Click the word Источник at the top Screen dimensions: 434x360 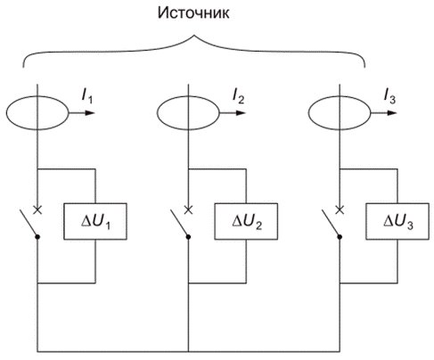(x=193, y=13)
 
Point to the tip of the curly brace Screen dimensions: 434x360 (x=194, y=36)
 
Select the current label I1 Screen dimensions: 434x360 (x=87, y=96)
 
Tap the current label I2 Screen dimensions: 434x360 (x=238, y=96)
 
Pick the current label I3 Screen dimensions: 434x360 (x=389, y=96)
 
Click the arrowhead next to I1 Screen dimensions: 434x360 (x=90, y=113)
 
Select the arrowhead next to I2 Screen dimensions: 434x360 (x=241, y=113)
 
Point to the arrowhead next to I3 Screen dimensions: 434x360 (x=392, y=113)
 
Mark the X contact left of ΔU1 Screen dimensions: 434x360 (x=37, y=210)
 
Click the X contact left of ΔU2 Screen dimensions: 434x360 (x=188, y=210)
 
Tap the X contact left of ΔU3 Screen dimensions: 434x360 (x=340, y=210)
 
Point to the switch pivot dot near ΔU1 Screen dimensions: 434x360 (x=37, y=237)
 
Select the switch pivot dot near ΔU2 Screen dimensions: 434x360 (x=188, y=237)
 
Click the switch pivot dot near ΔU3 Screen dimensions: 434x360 (x=340, y=237)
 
